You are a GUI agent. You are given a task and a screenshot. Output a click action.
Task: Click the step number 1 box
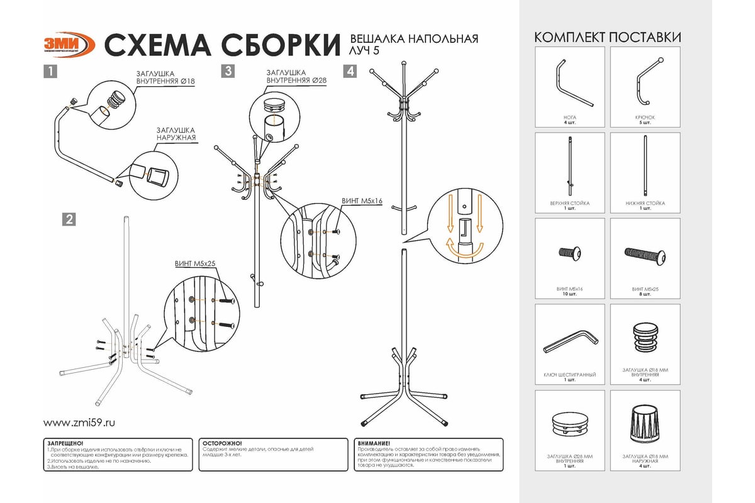point(50,72)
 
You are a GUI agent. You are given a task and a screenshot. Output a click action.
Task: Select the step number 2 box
point(69,219)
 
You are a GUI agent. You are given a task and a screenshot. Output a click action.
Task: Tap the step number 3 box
point(228,72)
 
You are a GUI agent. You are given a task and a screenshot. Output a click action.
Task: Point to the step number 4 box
point(350,72)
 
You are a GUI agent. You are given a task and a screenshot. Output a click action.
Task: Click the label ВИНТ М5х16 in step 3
point(361,201)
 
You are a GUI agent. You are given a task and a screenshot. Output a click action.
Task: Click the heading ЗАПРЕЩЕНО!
point(66,443)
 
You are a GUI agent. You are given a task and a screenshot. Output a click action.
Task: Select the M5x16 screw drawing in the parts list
point(570,253)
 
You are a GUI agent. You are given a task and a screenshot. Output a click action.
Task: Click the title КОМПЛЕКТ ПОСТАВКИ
point(607,37)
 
